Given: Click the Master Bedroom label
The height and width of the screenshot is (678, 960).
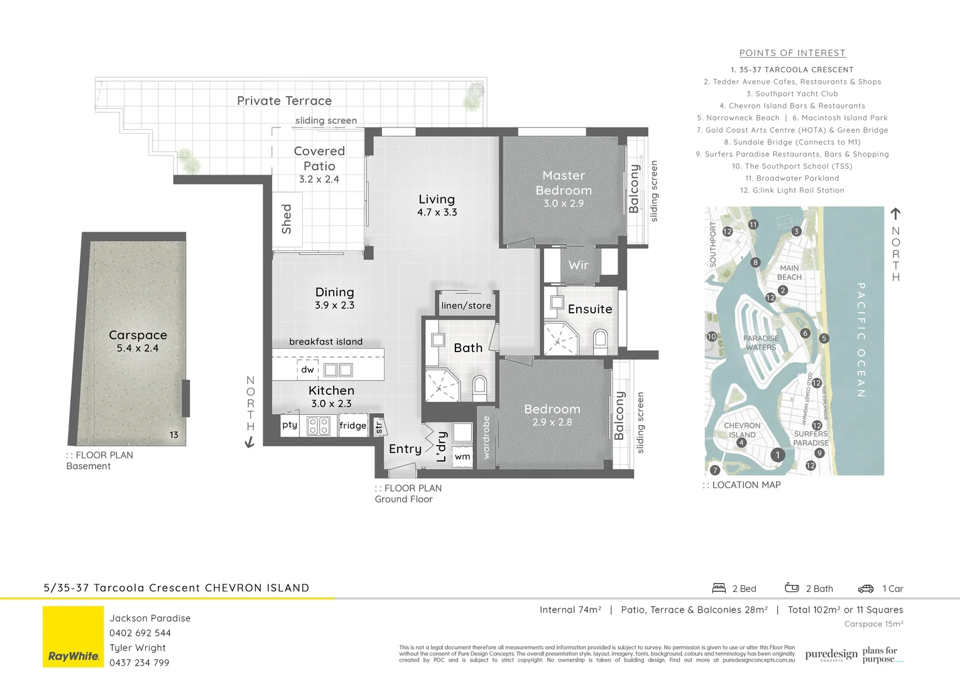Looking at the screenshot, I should coord(564,183).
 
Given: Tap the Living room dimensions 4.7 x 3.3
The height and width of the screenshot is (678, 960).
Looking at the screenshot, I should coord(437,213).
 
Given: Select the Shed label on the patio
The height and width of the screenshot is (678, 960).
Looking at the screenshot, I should coord(286,218).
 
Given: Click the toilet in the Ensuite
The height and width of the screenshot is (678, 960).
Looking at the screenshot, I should coord(599,340).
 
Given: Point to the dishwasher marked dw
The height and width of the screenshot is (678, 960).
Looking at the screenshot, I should coord(307,370).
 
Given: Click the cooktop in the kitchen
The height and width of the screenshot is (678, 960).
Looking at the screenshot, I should coord(319,426).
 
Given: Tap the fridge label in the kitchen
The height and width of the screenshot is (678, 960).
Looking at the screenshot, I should coord(352,426).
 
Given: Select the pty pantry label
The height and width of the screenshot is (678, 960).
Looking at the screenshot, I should coord(290,425).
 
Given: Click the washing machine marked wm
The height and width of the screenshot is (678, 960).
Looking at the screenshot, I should coord(462,456).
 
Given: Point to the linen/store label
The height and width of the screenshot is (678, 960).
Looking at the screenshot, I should coord(466,306).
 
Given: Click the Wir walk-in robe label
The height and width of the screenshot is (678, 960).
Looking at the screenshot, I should coord(578,265).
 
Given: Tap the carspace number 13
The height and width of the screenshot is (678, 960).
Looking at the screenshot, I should coord(173,434).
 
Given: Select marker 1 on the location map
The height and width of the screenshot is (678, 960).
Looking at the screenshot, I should coord(778,455).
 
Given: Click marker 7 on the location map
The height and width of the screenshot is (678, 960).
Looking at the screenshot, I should coord(714,470).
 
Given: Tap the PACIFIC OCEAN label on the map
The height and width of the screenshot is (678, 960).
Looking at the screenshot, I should coord(861,340).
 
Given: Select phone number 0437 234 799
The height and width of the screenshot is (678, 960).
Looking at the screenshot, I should coord(139,663).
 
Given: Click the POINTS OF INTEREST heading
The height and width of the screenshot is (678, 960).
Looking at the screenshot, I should coord(792,53).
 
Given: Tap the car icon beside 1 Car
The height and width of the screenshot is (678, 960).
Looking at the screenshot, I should coord(866,589).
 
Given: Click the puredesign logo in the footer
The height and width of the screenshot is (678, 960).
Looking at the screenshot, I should coord(831,655).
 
